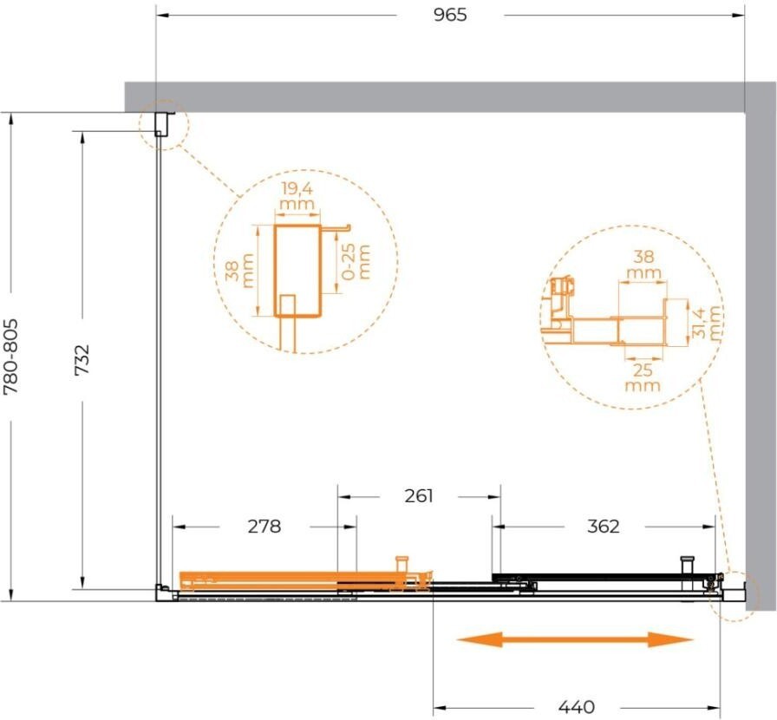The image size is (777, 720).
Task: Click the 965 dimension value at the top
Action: pyautogui.click(x=450, y=15)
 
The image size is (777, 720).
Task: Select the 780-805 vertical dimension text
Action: pyautogui.click(x=11, y=357)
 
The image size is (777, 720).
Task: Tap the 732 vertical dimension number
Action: pyautogui.click(x=82, y=360)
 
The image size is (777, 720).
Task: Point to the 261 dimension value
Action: pyautogui.click(x=419, y=495)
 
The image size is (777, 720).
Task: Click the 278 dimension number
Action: pyautogui.click(x=264, y=526)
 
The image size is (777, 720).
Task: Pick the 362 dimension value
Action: pyautogui.click(x=603, y=526)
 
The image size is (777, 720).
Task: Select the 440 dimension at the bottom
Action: pyautogui.click(x=577, y=706)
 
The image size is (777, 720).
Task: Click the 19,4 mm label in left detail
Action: pyautogui.click(x=297, y=196)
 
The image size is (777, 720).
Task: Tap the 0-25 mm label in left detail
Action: pyautogui.click(x=356, y=261)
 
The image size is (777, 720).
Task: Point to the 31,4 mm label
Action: pyautogui.click(x=706, y=323)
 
